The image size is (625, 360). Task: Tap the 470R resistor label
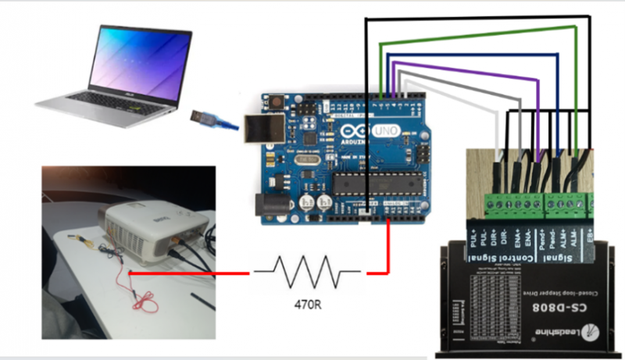[308, 304]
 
